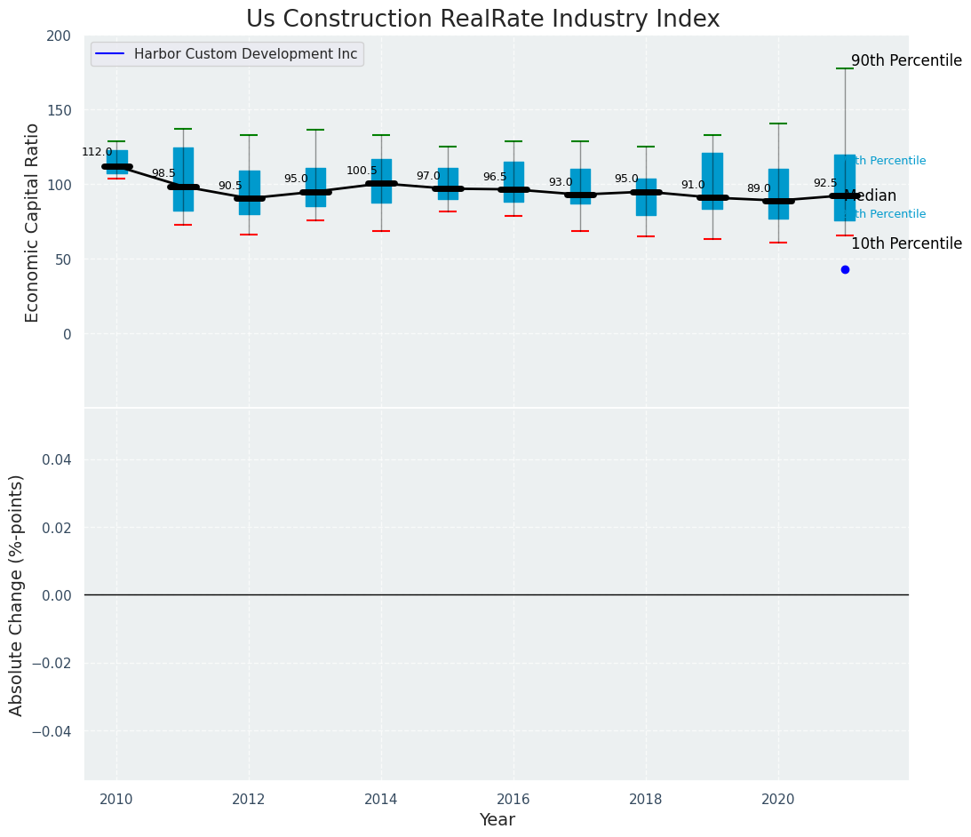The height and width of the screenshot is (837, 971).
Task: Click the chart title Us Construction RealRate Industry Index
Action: coord(482,20)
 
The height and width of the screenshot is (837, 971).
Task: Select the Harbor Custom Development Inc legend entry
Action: coord(245,54)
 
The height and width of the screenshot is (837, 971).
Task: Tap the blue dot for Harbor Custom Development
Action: coord(845,269)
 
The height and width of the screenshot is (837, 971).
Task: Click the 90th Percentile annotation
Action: coord(906,61)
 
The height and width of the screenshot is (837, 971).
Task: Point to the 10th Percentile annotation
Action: coord(906,244)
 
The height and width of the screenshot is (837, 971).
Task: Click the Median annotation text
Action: coord(871,196)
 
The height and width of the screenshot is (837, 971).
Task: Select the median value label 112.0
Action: coord(97,153)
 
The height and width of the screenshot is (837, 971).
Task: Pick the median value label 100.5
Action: coord(362,171)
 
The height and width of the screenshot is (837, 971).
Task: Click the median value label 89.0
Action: coord(759,189)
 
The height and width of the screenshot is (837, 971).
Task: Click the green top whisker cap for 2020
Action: coord(778,124)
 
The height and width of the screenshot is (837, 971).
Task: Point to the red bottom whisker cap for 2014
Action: coord(381,231)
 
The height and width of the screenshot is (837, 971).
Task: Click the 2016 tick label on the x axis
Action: coord(513,799)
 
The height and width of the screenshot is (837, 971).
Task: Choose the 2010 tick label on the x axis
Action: coord(116,799)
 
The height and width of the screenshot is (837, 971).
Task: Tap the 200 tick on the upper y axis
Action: coord(59,36)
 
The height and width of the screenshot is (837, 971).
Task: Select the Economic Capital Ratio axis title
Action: coord(33,222)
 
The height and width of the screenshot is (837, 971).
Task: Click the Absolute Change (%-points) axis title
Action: coord(17,594)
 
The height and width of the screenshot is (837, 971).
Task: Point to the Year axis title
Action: coord(497,820)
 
